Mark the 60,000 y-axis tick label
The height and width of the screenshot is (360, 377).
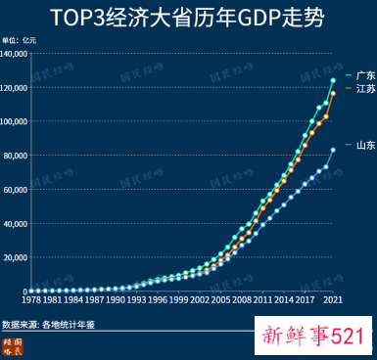coord(16,190)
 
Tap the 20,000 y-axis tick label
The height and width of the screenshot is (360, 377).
coord(16,257)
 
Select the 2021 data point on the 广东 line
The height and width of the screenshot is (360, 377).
coord(334,80)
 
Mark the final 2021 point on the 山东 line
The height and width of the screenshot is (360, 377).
coord(334,150)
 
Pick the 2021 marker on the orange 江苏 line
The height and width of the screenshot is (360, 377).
coord(334,93)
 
